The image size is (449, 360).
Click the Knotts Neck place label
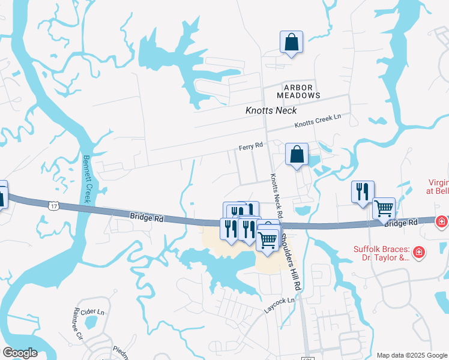(x=271, y=110)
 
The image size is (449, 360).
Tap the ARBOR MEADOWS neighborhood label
(x=298, y=92)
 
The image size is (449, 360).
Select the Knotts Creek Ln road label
(x=317, y=122)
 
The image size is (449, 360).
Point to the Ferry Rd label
(x=251, y=146)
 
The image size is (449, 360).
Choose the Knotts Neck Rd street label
(x=276, y=196)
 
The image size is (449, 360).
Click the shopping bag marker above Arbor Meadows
(x=291, y=43)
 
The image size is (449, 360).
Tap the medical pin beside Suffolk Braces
(x=419, y=251)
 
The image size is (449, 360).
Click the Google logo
(x=20, y=352)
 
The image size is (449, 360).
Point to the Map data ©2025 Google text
(x=411, y=355)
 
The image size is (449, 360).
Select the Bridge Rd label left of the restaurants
(x=146, y=217)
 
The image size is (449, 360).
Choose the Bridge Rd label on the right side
(x=400, y=223)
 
